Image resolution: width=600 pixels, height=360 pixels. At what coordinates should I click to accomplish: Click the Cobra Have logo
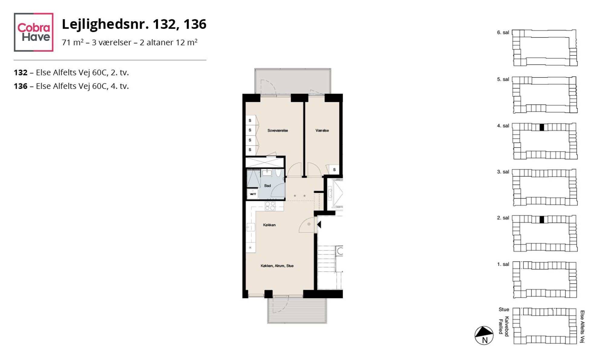point(34,32)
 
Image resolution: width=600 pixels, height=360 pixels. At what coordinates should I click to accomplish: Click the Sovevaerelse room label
point(278,131)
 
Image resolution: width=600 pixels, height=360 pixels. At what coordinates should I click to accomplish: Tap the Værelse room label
point(322,131)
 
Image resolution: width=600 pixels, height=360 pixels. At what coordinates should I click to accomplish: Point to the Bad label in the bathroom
point(268,186)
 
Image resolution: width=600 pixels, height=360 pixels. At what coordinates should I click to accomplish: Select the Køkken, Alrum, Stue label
point(277,266)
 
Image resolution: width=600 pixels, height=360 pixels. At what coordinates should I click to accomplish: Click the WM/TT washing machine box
point(253,194)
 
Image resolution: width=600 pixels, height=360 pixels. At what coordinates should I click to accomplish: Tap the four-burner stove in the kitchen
point(270,206)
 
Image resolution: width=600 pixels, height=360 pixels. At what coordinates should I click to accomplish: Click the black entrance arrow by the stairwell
point(319,224)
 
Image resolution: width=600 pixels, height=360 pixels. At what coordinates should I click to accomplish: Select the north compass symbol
point(484,335)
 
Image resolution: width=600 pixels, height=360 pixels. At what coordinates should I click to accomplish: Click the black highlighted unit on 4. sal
point(542,127)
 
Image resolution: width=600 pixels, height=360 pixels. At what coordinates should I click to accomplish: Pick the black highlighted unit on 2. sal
point(542,219)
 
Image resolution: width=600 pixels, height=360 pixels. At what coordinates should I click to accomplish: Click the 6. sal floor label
point(503,32)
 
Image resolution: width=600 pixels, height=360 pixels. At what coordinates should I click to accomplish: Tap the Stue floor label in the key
point(504,309)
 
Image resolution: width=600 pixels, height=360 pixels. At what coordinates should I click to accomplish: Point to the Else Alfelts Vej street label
point(582,327)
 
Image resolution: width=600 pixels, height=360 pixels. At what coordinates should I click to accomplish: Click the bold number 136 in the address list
point(21,86)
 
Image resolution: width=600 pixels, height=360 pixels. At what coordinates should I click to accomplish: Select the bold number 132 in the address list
point(21,73)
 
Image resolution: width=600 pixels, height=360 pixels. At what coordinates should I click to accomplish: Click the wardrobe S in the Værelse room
point(334,170)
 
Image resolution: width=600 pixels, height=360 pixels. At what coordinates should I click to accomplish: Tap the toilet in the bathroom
point(278,173)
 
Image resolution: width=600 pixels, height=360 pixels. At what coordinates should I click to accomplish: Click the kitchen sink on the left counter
point(250,227)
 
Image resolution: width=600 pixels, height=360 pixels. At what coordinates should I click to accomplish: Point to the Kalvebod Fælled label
point(504,326)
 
